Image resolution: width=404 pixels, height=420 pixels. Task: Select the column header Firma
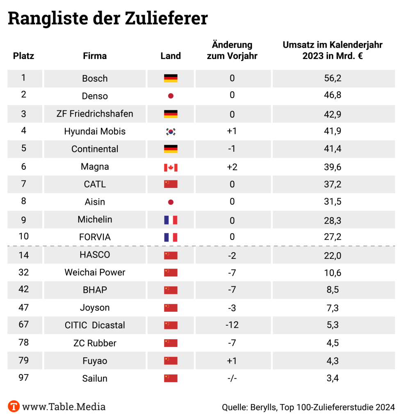(95, 56)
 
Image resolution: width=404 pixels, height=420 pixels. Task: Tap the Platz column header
(24, 56)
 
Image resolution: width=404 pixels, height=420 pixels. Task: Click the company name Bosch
(95, 78)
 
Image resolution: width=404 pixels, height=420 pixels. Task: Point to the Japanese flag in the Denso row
(171, 96)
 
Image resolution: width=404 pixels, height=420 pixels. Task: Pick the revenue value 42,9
(333, 114)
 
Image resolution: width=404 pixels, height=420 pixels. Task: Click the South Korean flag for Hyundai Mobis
(171, 132)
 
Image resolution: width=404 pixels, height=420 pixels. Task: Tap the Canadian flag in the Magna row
(171, 167)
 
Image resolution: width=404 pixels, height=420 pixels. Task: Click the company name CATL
(95, 185)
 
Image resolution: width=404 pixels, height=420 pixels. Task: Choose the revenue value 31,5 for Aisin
(333, 202)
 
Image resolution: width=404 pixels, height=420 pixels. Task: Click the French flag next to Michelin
(171, 220)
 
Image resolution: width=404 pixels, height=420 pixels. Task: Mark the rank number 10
(24, 237)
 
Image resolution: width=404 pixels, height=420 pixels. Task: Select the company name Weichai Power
(95, 272)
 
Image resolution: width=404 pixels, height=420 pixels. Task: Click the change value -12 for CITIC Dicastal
(232, 325)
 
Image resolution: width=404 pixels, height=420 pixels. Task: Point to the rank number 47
(24, 307)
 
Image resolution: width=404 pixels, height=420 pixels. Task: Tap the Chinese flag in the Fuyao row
(171, 361)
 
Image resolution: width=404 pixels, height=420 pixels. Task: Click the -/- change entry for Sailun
(232, 378)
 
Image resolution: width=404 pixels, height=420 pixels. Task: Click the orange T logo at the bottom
(14, 406)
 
